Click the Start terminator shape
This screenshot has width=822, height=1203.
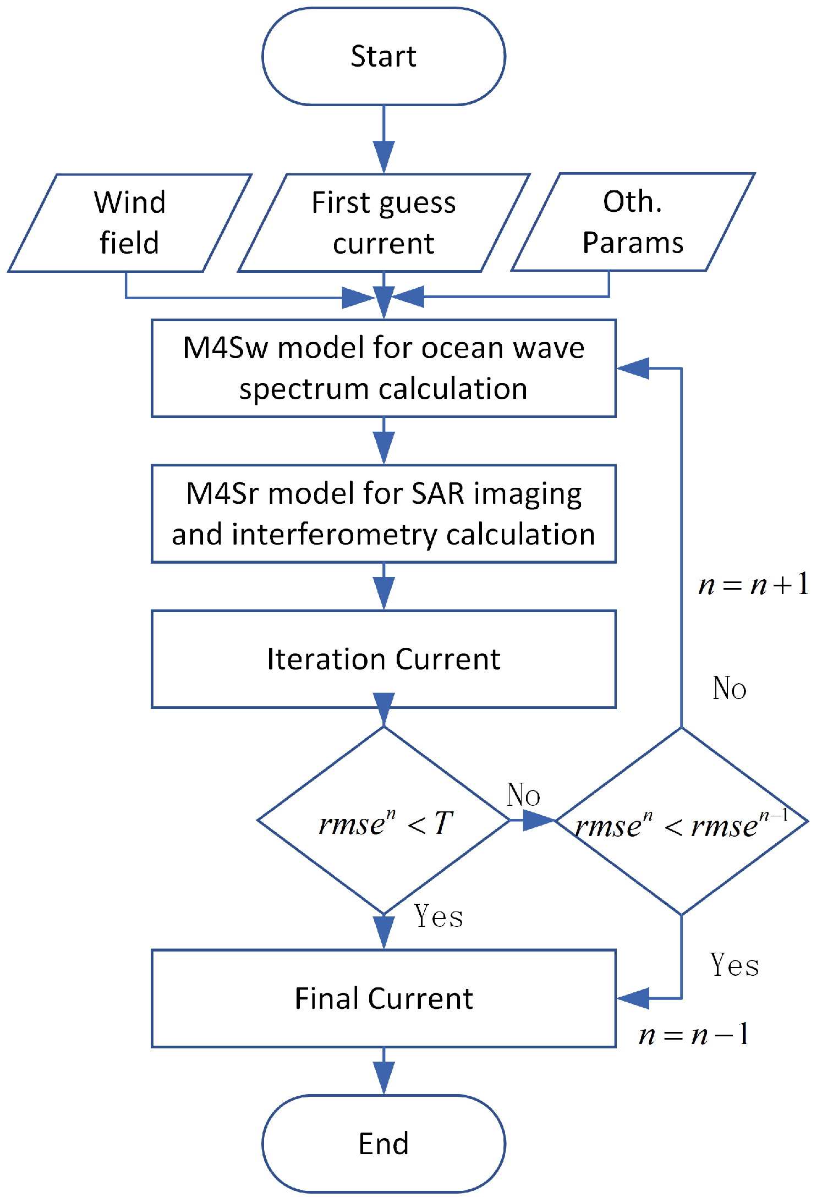click(x=383, y=56)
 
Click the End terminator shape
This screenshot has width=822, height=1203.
click(x=383, y=1144)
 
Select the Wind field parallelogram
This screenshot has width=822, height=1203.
click(x=130, y=223)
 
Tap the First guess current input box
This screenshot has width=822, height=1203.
click(x=383, y=223)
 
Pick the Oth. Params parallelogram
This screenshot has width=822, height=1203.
click(x=633, y=222)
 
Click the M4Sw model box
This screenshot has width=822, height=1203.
click(x=383, y=368)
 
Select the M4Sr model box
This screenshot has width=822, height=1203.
click(x=383, y=513)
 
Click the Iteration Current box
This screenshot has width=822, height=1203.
click(x=383, y=658)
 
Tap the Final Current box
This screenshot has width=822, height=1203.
click(x=383, y=998)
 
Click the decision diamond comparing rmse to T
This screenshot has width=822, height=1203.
click(x=383, y=821)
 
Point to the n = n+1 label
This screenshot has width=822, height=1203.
click(x=753, y=584)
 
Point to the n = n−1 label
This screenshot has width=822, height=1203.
click(x=694, y=1034)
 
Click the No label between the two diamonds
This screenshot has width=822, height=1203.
click(x=523, y=795)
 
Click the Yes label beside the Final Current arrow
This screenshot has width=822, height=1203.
click(x=438, y=916)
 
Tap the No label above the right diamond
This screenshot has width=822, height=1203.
click(x=729, y=688)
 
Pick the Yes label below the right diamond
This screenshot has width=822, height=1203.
click(x=735, y=965)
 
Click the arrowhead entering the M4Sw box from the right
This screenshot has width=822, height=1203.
click(x=633, y=368)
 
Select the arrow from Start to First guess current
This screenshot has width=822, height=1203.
click(x=383, y=140)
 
